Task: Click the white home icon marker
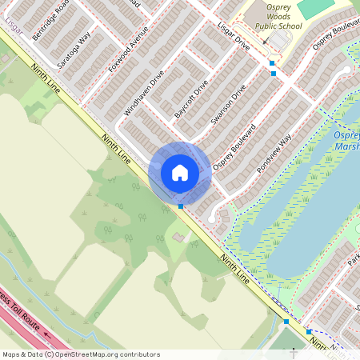[x=179, y=173]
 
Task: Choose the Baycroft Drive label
[x=192, y=98]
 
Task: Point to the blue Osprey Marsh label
[x=346, y=141]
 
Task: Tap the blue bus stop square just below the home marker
[x=181, y=206]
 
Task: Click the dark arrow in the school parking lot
[x=267, y=38]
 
